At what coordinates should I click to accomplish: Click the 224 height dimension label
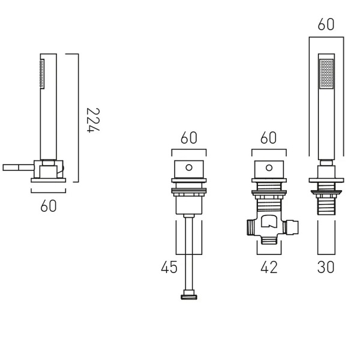coord(94,120)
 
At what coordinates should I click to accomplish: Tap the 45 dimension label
coord(169,267)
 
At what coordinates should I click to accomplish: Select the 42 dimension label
coord(269,267)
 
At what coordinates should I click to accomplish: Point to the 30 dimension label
coord(326,267)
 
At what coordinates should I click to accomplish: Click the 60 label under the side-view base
coord(49,206)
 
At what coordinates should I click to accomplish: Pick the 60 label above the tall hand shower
coord(326,24)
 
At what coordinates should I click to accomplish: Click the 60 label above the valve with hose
coord(189,138)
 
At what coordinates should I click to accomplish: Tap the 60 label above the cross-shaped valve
coord(269,138)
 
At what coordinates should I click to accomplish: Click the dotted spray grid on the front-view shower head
coord(326,73)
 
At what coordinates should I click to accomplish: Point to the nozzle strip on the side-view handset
coord(42,73)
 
